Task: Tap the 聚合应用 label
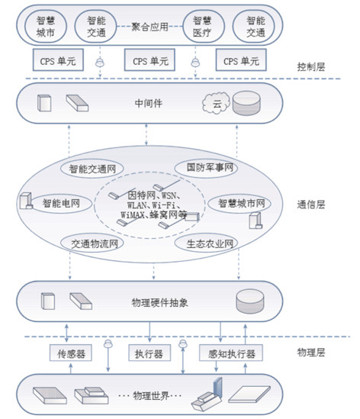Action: coord(149,27)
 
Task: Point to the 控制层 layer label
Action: coord(311,67)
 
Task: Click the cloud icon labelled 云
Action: coord(216,103)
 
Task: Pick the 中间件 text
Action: coord(149,103)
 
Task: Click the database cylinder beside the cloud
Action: coord(246,103)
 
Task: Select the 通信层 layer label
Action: coord(311,205)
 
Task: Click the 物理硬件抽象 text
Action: coord(159,302)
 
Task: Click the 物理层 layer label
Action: coord(311,353)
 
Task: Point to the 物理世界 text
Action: coord(151,395)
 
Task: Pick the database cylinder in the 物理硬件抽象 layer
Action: coord(250,301)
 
